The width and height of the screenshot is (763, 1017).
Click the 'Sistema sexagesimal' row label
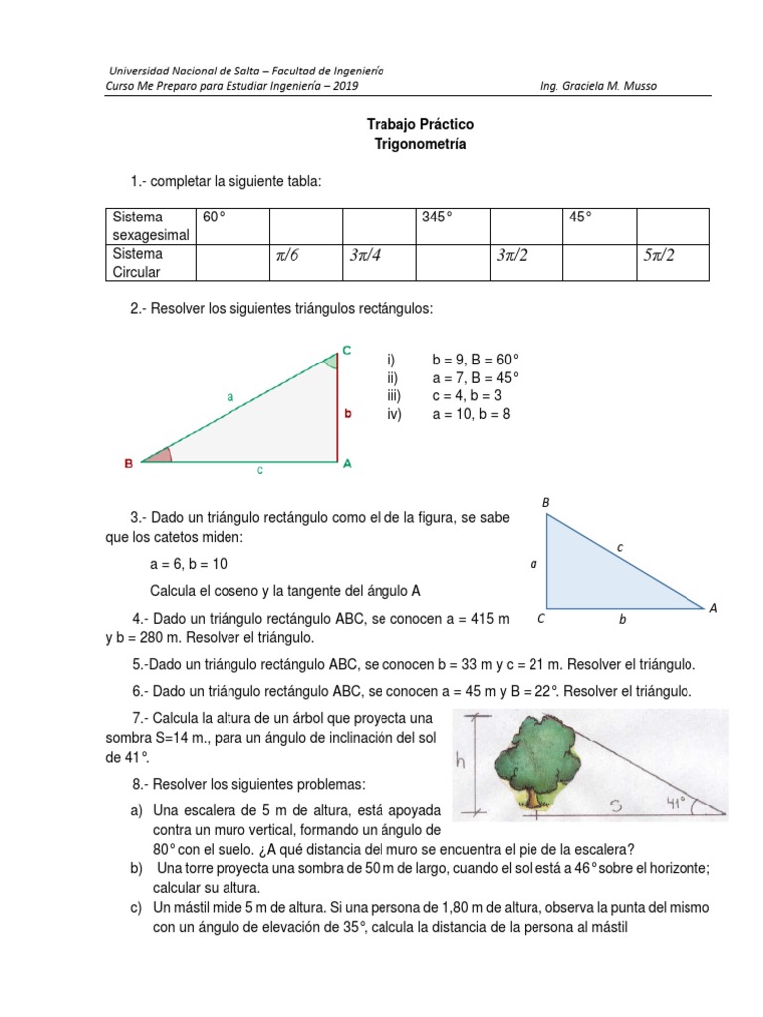150,225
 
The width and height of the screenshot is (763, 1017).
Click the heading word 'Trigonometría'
406,144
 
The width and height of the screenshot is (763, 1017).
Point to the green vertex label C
346,349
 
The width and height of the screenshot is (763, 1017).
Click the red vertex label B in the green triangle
128,463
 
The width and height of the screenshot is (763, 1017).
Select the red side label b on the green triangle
348,415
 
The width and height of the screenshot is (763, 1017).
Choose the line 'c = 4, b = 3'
469,395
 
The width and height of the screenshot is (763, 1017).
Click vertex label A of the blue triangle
713,607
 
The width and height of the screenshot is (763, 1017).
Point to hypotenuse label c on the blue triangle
621,547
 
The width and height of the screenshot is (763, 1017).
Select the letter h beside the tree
460,762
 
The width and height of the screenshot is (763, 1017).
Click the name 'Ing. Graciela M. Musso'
597,86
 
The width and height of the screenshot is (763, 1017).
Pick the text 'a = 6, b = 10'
189,564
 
